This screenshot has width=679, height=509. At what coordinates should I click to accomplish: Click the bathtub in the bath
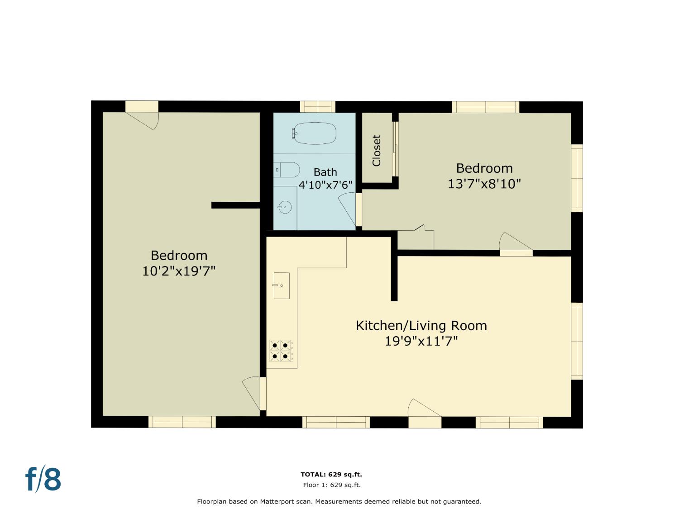point(314,133)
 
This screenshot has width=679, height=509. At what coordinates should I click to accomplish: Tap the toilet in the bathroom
point(287,170)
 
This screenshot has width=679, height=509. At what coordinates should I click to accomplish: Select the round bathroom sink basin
point(285,207)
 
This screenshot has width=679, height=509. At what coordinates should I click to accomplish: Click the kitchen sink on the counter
point(282,285)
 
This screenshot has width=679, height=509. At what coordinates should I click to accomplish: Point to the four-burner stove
point(281,351)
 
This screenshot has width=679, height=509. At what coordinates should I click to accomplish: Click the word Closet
point(376,151)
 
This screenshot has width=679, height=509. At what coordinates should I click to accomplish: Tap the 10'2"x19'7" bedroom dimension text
point(178,271)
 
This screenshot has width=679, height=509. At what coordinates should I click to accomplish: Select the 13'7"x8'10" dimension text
point(484,184)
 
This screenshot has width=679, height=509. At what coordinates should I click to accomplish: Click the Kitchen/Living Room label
point(421,325)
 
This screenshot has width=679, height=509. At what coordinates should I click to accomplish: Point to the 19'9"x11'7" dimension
point(421,342)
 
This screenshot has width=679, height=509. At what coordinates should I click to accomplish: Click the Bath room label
point(325,172)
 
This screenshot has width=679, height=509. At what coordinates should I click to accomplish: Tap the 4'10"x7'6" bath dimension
point(325,185)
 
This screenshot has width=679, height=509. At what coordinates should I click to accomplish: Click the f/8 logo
point(43,479)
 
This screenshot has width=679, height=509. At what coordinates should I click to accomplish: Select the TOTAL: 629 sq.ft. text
point(331,474)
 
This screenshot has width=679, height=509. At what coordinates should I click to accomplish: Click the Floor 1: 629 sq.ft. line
point(332,485)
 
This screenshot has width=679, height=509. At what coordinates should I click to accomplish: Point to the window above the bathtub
point(318,107)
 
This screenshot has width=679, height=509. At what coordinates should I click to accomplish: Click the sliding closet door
point(395,149)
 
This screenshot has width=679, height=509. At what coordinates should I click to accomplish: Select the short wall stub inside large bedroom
point(235,205)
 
